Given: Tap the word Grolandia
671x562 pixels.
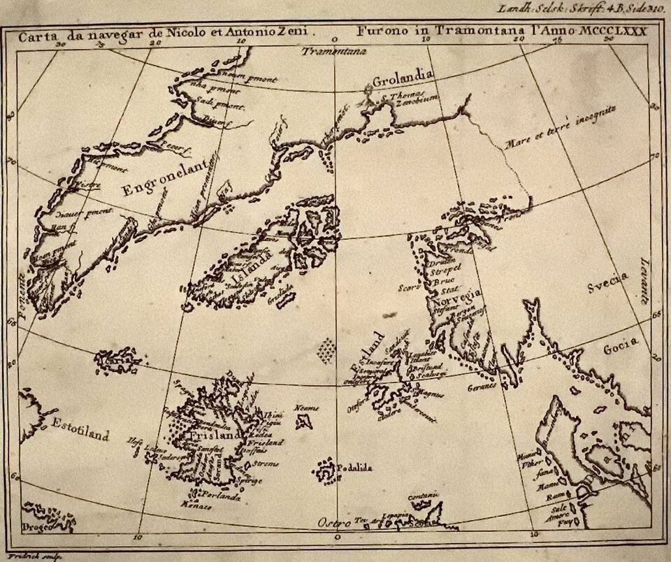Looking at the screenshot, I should point(404,79).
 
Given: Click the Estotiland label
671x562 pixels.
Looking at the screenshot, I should point(80,431).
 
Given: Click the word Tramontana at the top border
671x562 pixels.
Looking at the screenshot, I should point(331,51).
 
